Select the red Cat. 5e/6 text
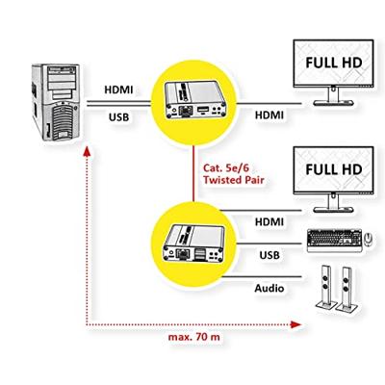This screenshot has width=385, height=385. [227, 167]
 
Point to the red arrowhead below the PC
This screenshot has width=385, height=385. [88, 152]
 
